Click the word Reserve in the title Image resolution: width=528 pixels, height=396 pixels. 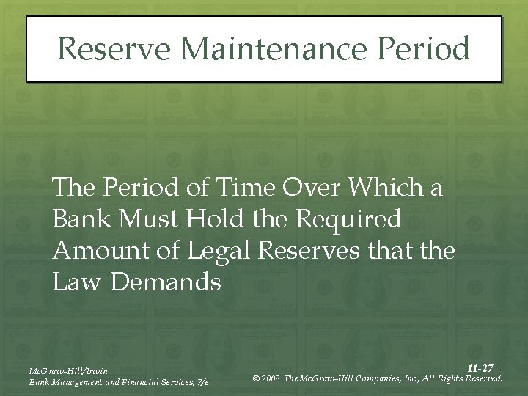[x=114, y=49]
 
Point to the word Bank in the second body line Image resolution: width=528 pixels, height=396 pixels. [x=78, y=219]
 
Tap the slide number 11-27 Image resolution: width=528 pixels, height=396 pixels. [x=480, y=367]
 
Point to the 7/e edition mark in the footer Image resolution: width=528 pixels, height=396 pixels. [x=203, y=382]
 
